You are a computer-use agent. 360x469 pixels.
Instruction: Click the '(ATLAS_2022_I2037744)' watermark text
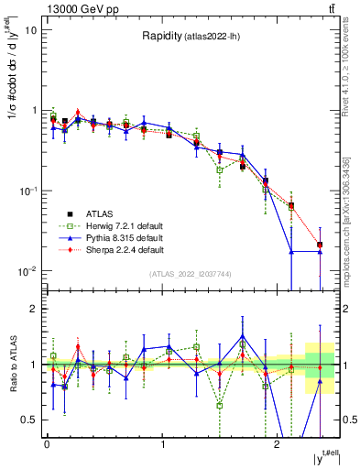click(191, 274)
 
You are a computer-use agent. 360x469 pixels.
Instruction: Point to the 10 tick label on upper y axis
click(31, 30)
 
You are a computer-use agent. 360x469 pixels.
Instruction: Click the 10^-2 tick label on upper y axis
click(27, 270)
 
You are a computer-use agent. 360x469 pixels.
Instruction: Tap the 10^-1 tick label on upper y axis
click(27, 191)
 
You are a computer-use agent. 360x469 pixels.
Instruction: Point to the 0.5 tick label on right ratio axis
click(348, 420)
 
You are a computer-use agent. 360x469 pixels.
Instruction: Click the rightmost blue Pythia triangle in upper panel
click(319, 251)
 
